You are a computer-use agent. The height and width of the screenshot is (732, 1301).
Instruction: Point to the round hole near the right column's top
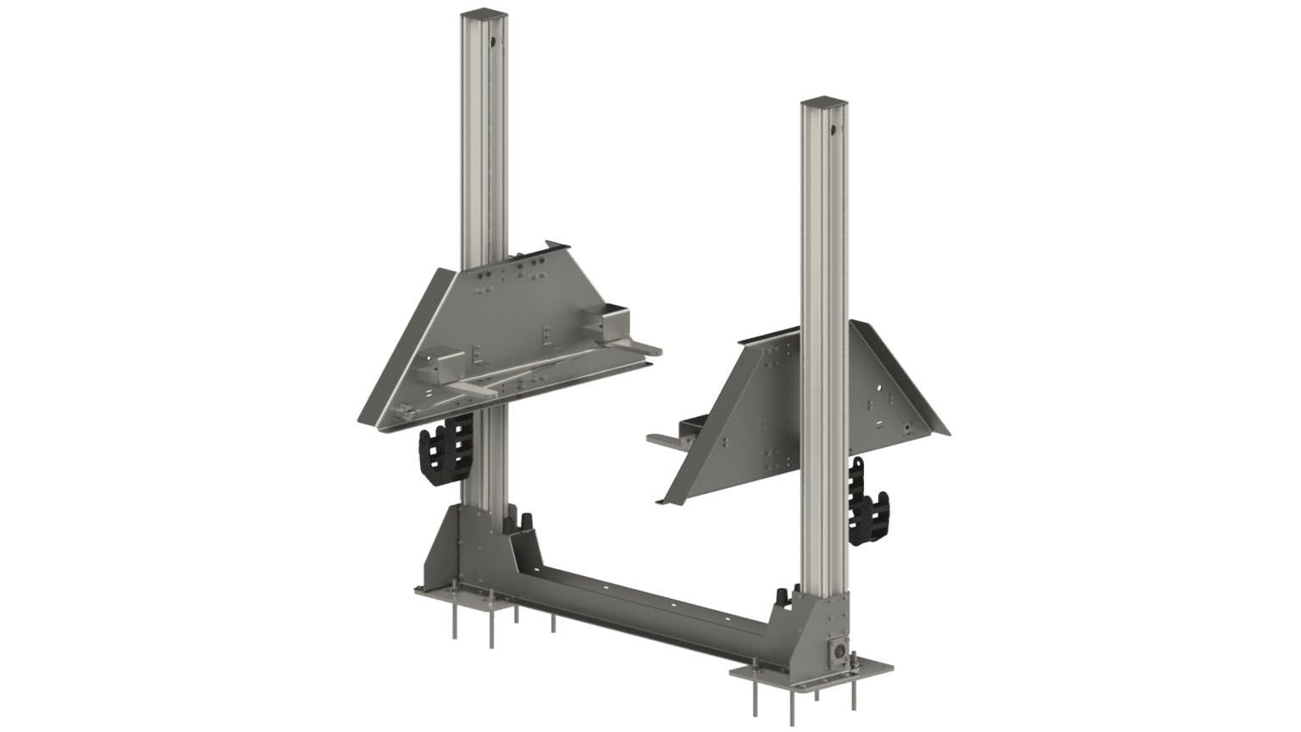click(833, 130)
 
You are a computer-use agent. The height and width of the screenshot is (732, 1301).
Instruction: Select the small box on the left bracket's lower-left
click(437, 364)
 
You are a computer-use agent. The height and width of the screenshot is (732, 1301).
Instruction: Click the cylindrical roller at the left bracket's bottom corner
click(405, 413)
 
